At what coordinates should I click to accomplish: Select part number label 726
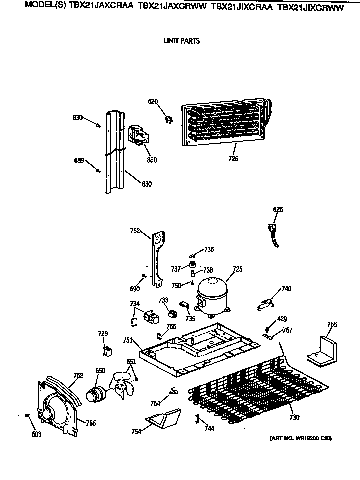pyautogui.click(x=233, y=159)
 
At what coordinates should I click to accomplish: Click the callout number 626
pyautogui.click(x=278, y=210)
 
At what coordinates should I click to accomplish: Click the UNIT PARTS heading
pyautogui.click(x=181, y=41)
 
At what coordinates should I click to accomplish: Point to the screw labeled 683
pyautogui.click(x=29, y=415)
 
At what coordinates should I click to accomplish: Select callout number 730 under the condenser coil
pyautogui.click(x=294, y=417)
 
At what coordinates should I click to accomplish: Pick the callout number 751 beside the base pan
pyautogui.click(x=128, y=340)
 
